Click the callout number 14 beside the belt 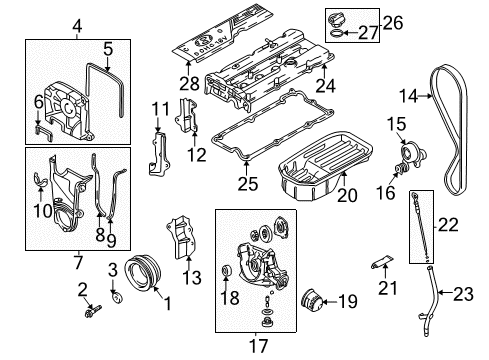click(433, 97)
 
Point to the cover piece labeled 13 click(179, 243)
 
